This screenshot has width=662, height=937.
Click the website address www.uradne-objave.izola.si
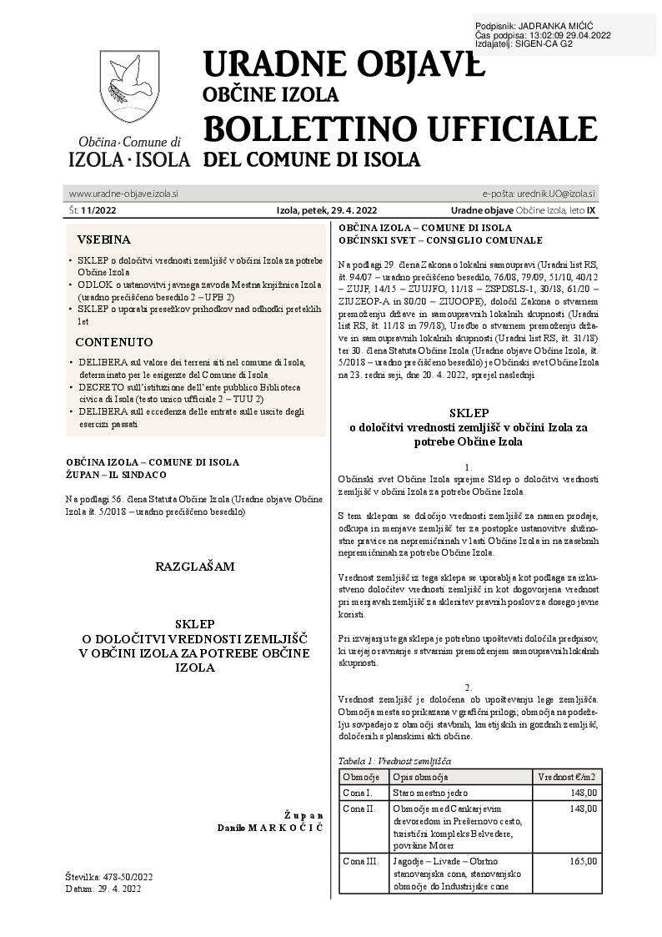point(123,194)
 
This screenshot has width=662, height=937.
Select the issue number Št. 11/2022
point(93,210)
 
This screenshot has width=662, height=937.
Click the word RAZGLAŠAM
point(194,567)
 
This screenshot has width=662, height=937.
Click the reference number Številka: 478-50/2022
point(108,877)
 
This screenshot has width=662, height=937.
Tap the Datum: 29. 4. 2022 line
point(103,889)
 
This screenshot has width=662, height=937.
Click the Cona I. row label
point(358,792)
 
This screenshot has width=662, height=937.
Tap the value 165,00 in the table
point(583,860)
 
